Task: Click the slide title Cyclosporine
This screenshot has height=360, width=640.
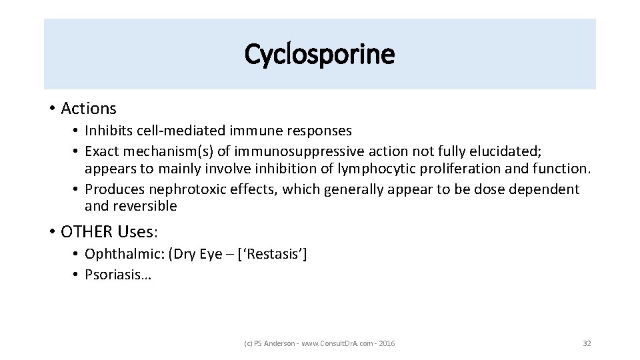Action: (x=319, y=54)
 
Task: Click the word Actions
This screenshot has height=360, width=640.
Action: (x=88, y=108)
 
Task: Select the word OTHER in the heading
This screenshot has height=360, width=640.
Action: (x=87, y=231)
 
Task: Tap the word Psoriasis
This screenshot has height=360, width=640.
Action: (x=115, y=275)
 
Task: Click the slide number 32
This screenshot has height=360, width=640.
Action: (x=587, y=343)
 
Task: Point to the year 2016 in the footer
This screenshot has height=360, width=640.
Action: (x=386, y=343)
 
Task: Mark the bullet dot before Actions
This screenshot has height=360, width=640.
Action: (x=52, y=108)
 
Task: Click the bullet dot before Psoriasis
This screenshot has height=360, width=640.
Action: (x=77, y=275)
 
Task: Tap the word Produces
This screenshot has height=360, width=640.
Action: (x=115, y=189)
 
